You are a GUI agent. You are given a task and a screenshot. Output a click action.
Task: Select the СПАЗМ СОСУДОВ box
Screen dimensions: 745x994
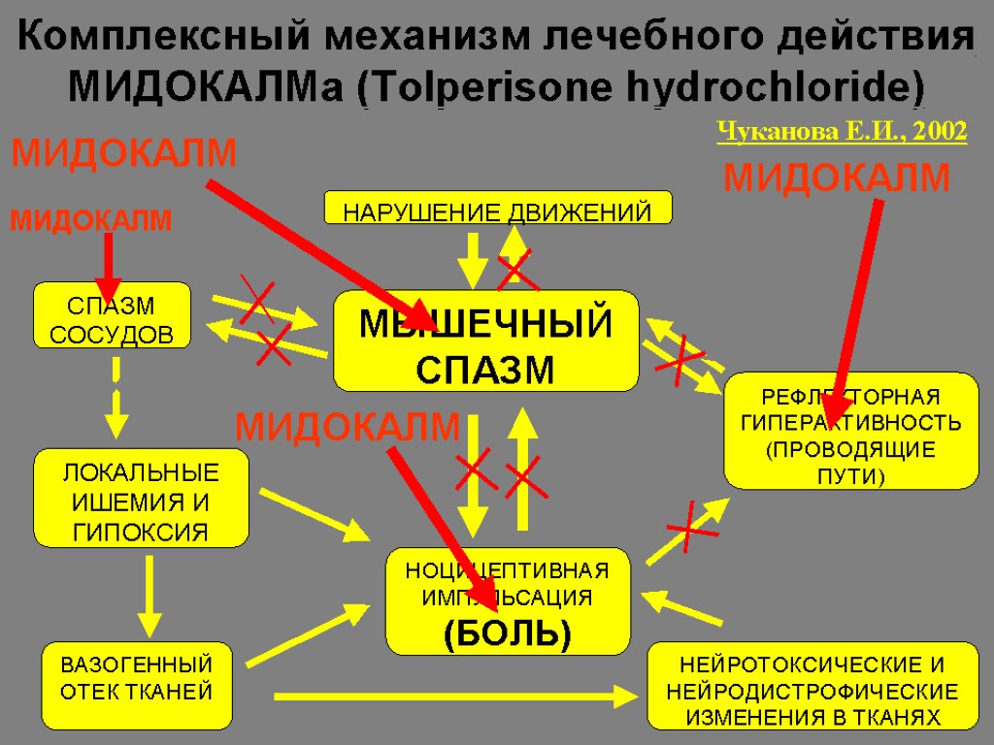click(x=112, y=315)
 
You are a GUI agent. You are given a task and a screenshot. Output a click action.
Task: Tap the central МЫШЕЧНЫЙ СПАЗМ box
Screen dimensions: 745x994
click(x=485, y=341)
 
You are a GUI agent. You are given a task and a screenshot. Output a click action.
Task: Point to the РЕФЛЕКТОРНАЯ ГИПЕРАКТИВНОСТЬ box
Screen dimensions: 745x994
click(x=851, y=430)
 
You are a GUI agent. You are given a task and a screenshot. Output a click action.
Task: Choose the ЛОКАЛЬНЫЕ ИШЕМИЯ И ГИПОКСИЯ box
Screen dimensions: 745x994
click(x=141, y=498)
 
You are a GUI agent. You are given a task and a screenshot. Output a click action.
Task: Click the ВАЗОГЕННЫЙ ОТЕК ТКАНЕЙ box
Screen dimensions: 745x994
click(x=137, y=684)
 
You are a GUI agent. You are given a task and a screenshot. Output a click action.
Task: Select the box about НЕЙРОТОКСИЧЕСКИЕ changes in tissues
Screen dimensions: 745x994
click(x=812, y=685)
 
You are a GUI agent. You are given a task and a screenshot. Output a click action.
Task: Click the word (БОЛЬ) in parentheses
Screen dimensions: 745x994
click(x=507, y=633)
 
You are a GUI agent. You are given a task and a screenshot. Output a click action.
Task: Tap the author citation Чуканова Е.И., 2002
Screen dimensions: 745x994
click(x=842, y=132)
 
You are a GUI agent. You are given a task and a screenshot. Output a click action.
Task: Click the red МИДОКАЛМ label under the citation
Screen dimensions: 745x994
click(x=838, y=178)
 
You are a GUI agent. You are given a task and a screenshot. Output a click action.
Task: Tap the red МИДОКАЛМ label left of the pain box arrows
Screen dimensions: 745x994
click(x=348, y=426)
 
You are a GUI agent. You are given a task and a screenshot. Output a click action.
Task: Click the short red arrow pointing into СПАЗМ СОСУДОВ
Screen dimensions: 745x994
click(x=108, y=267)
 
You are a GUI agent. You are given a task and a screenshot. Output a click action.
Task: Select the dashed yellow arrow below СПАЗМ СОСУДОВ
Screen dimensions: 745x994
click(x=116, y=398)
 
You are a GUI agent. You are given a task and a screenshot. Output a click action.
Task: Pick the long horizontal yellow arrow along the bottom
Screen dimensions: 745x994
click(x=456, y=695)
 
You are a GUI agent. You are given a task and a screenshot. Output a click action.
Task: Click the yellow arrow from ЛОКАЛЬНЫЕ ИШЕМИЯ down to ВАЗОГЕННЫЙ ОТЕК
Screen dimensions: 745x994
click(x=148, y=594)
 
